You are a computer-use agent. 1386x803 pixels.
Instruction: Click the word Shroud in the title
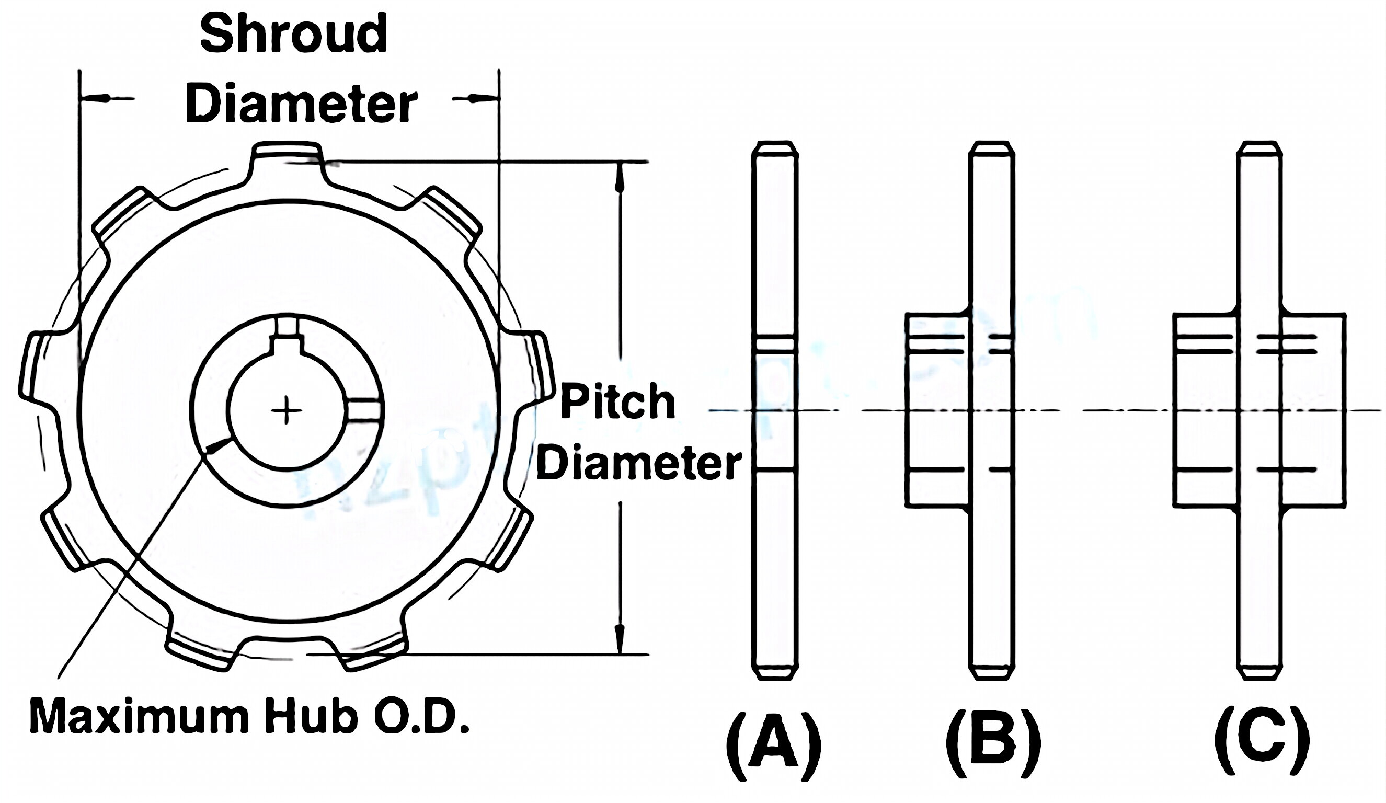tap(294, 34)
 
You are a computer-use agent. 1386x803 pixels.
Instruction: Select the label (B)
tap(992, 746)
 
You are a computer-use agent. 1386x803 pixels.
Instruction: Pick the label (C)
tap(1261, 746)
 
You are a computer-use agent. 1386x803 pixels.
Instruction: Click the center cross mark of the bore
tap(286, 410)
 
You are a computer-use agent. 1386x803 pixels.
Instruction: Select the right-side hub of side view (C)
tap(1313, 410)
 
